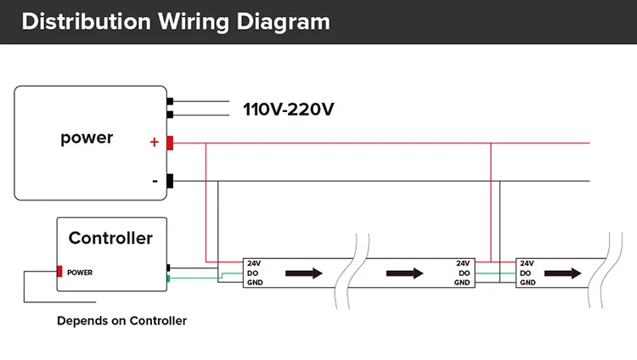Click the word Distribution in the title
tap(86, 21)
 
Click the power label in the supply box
tap(87, 138)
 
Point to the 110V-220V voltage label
tap(289, 110)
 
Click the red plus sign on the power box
tap(154, 142)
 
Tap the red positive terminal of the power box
tap(170, 143)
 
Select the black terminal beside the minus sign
tap(170, 181)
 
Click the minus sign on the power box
tap(155, 181)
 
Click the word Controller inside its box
tap(110, 238)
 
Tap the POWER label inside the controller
tap(80, 273)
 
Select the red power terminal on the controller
tap(59, 271)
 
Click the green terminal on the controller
tap(168, 278)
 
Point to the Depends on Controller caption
tap(121, 321)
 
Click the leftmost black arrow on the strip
tap(304, 273)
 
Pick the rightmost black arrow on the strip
tap(562, 273)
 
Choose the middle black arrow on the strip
tap(404, 273)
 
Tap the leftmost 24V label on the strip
tap(254, 263)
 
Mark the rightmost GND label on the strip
tap(527, 283)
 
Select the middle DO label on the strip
tap(465, 273)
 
